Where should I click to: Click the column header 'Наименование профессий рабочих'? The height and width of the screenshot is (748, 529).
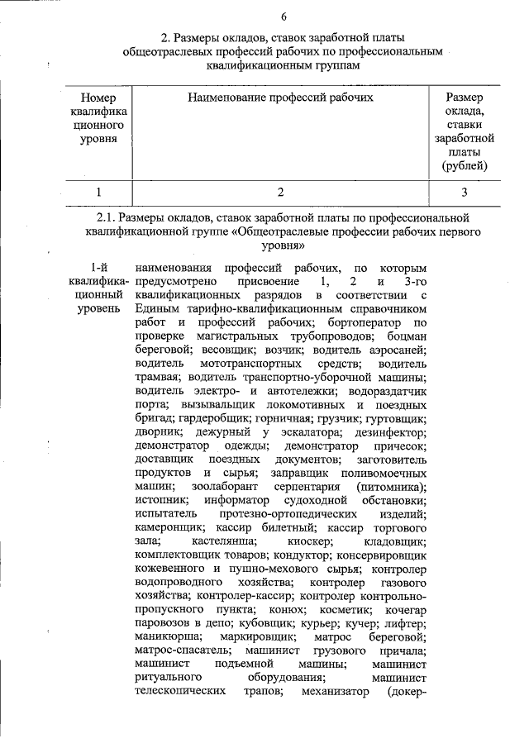[x=280, y=98]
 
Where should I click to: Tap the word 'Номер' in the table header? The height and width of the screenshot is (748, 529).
[x=98, y=98]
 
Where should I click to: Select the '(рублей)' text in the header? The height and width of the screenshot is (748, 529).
[x=465, y=166]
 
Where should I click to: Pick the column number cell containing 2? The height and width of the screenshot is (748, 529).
[x=281, y=193]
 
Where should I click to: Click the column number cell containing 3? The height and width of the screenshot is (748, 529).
[x=465, y=193]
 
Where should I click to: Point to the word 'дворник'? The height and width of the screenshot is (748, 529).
[x=154, y=432]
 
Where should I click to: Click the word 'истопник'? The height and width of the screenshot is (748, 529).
[x=156, y=499]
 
